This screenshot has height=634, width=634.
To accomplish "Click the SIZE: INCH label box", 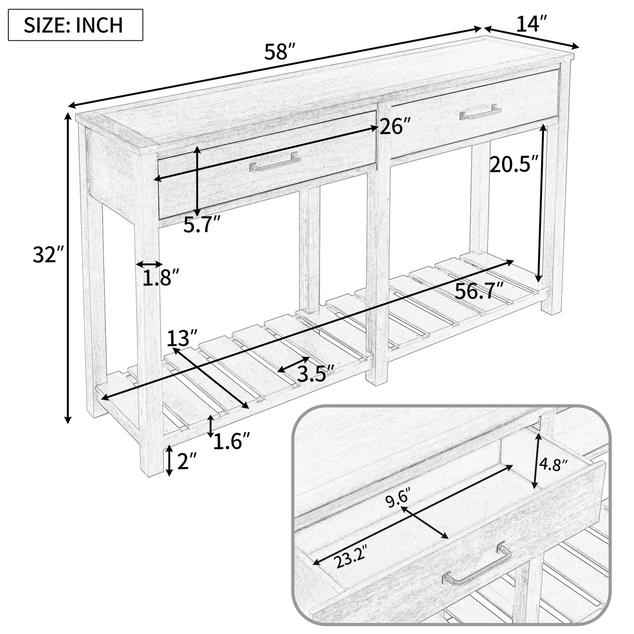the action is pos(75,25).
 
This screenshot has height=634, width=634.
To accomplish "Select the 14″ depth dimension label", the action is pos(531,23).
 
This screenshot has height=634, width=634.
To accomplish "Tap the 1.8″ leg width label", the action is pos(161,277).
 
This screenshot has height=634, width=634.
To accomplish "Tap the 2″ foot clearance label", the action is pos(186,461).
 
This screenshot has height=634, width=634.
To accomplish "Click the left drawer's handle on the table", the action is pos(275,162).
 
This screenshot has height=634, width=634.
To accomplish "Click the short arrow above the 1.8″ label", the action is pos(149,264).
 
